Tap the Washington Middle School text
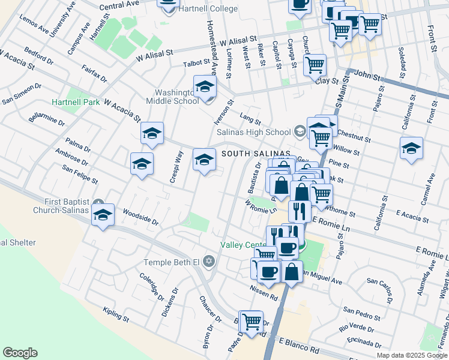pos(177,97)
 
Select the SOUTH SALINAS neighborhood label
pos(256,154)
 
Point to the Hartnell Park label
pos(76,103)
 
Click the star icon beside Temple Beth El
pos(209,261)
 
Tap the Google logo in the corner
pos(20,353)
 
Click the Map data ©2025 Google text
pos(412,355)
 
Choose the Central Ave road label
pos(119,5)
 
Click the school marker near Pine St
pos(411,148)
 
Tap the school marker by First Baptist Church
pos(103,215)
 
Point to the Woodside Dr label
pos(140,217)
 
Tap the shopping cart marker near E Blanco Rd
pos(251,322)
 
